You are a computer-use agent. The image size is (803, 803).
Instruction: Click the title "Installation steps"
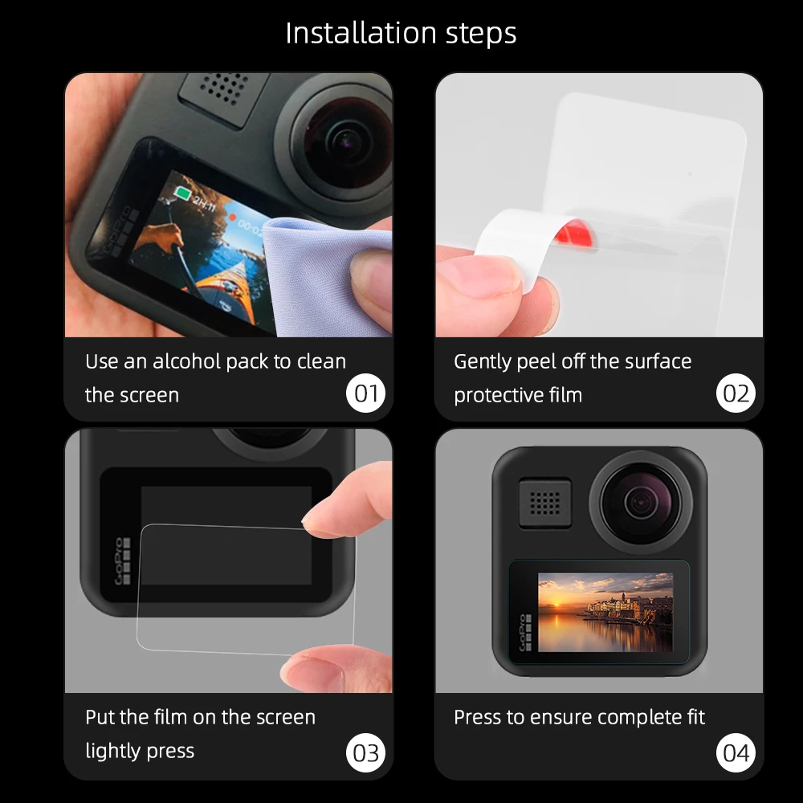coord(401,33)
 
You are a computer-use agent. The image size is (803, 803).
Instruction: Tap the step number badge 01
coord(366,393)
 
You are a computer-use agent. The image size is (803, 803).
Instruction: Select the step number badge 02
coord(736,393)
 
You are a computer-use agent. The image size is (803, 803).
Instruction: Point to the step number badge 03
coord(366,752)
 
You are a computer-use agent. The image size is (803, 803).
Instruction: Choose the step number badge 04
coord(736,752)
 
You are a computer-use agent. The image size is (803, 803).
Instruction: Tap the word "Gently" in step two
coord(481,362)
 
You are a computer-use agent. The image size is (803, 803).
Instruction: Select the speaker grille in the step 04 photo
coord(545,503)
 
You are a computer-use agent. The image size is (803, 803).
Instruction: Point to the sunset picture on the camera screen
coord(605,612)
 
